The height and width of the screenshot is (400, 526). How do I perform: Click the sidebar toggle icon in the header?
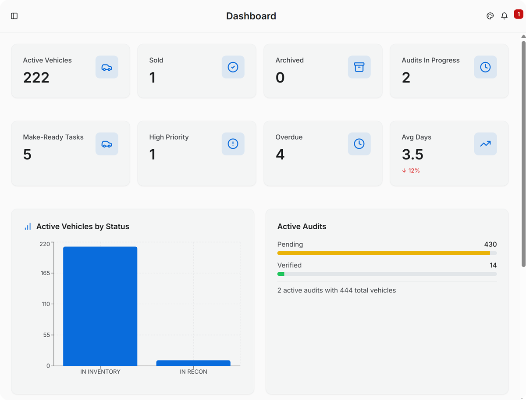click(x=14, y=16)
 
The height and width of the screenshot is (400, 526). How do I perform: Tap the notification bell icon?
click(x=504, y=16)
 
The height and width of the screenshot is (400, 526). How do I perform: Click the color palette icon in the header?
click(x=490, y=16)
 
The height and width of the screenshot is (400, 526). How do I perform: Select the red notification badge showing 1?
click(x=518, y=14)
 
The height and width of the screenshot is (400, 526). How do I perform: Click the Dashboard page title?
click(x=251, y=16)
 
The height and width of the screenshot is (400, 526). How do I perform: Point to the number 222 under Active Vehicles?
click(x=36, y=78)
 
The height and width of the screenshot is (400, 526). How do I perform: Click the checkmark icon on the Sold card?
click(x=233, y=67)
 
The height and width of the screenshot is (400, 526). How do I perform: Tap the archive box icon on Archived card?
click(x=359, y=67)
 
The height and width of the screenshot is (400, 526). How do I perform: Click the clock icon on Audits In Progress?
click(x=485, y=67)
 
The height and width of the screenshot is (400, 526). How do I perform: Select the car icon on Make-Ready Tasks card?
click(x=107, y=144)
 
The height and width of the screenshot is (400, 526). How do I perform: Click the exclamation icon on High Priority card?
click(x=233, y=144)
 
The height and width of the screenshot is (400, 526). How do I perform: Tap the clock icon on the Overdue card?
click(x=359, y=144)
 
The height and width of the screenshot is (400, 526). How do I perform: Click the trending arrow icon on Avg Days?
click(x=485, y=144)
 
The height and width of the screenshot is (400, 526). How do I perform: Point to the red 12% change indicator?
click(x=411, y=170)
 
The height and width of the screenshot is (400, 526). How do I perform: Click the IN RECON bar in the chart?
click(x=193, y=363)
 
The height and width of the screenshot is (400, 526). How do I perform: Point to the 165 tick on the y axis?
click(x=45, y=273)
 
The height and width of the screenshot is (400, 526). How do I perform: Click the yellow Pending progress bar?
click(x=384, y=253)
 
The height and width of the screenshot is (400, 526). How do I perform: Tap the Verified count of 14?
click(x=493, y=265)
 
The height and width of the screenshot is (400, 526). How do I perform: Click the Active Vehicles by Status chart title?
click(x=82, y=227)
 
